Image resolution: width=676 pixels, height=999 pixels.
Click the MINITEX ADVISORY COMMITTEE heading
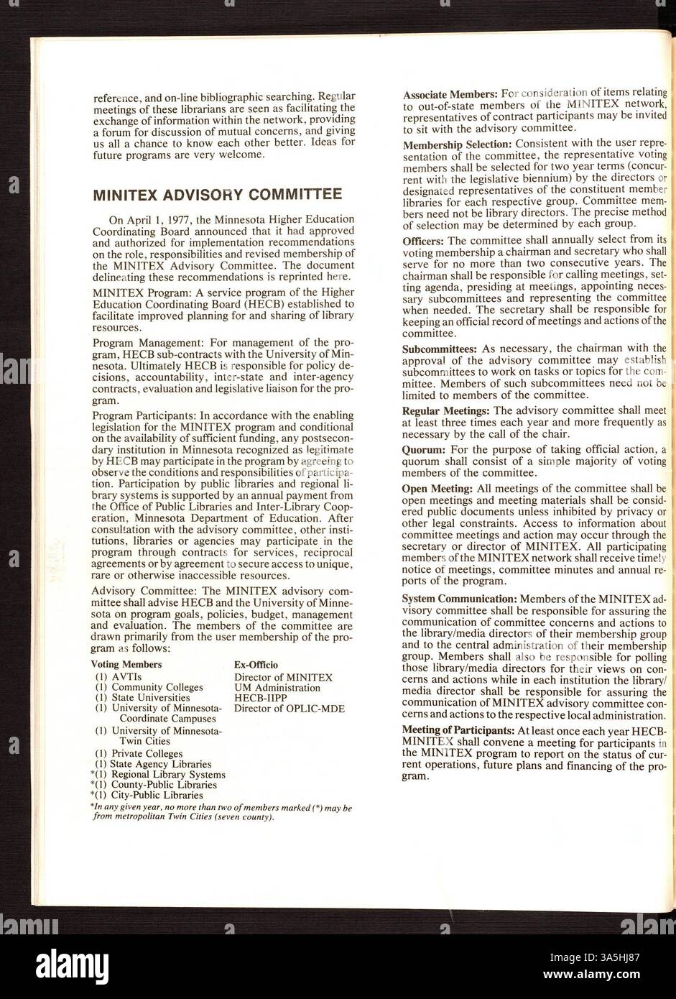tap(218, 194)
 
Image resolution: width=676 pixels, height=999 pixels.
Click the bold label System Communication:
tap(459, 599)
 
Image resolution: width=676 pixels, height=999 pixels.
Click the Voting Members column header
tap(126, 665)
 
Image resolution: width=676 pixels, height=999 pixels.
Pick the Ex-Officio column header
tap(256, 665)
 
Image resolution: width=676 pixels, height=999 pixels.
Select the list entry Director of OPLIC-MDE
tap(289, 709)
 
